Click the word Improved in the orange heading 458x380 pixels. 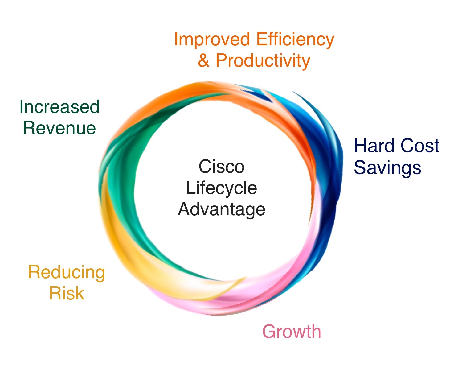pos(212,40)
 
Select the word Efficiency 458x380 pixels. pos(295,40)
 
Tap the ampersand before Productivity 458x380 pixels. pos(203,60)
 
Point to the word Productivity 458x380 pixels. pos(263,60)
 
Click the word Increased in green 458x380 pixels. pos(59,107)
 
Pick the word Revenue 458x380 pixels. pos(59,128)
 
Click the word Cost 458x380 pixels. pos(420,146)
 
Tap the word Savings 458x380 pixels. pos(387,168)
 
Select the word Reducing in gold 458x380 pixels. pos(67,272)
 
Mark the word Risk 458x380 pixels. pos(67,293)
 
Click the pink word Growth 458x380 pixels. pos(292,332)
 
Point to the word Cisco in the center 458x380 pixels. pos(221,167)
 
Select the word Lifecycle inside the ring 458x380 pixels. pos(221,188)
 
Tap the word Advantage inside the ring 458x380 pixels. pos(221,209)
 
